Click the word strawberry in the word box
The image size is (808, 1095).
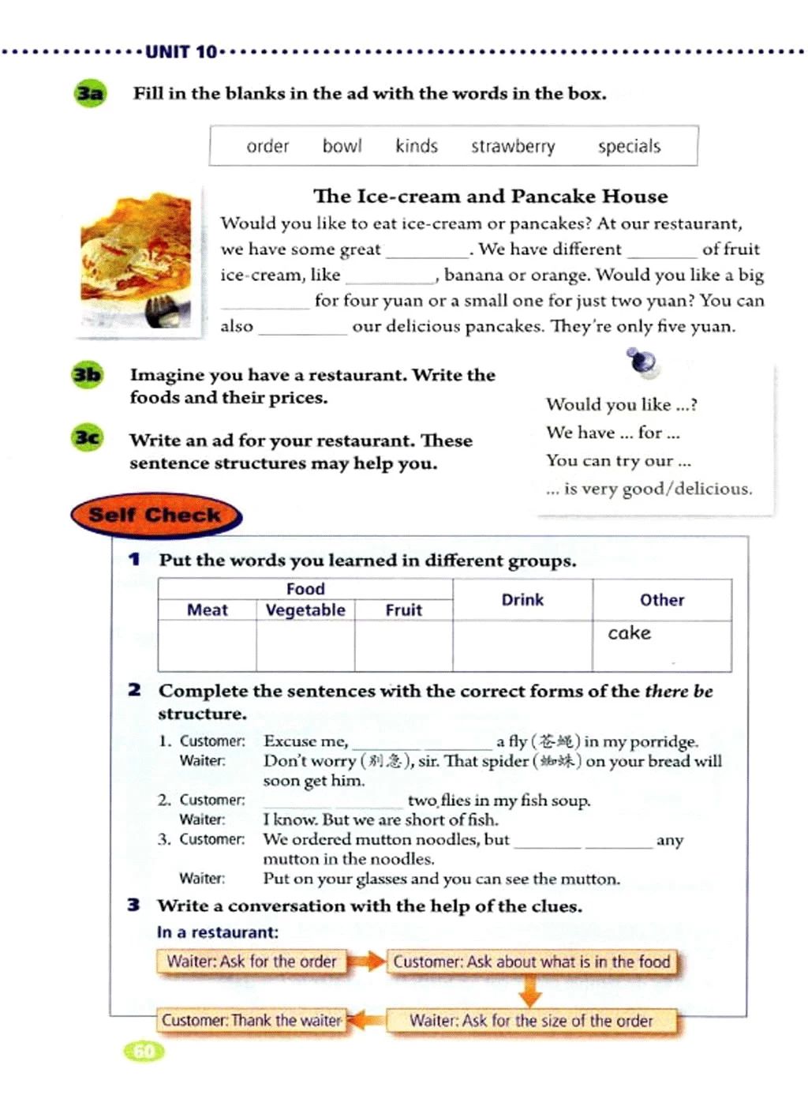[x=513, y=147]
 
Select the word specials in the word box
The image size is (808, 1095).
[x=629, y=147]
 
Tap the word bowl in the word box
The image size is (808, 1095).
[x=342, y=146]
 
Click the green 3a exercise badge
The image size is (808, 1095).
[x=90, y=94]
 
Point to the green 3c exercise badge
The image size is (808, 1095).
[x=87, y=437]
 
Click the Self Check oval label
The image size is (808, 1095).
[x=155, y=516]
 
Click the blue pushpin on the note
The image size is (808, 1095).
[x=642, y=362]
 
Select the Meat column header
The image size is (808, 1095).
[x=207, y=610]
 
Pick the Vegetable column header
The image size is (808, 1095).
[x=305, y=610]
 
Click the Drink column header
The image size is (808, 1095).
[x=522, y=600]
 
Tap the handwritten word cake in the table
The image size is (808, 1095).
[x=629, y=633]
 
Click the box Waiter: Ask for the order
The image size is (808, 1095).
[x=252, y=962]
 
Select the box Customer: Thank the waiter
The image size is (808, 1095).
[x=252, y=1020]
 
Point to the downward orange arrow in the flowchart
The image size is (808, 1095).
[x=530, y=990]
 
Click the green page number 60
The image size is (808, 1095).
[x=144, y=1051]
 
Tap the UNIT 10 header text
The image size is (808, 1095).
[x=181, y=52]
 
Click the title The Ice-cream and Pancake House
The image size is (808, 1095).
[x=490, y=196]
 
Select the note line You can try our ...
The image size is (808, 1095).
[x=618, y=460]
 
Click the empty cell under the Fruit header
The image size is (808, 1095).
[x=403, y=646]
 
